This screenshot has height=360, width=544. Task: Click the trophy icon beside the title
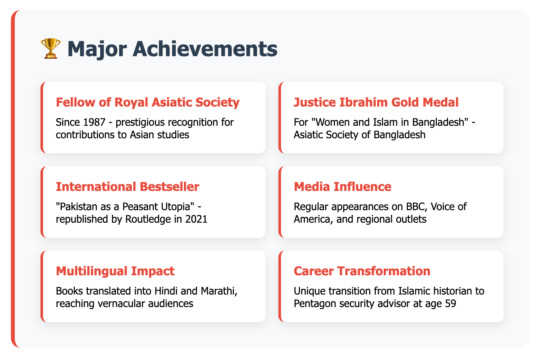(50, 48)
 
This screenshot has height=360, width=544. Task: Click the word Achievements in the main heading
(205, 49)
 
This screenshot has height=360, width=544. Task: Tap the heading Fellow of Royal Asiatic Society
(148, 102)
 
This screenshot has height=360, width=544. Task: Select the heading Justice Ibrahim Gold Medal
(376, 102)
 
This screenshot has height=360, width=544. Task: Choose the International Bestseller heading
(127, 187)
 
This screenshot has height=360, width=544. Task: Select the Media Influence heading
(342, 187)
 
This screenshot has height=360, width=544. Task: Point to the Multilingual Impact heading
(115, 271)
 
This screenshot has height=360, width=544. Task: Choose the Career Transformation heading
(362, 271)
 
